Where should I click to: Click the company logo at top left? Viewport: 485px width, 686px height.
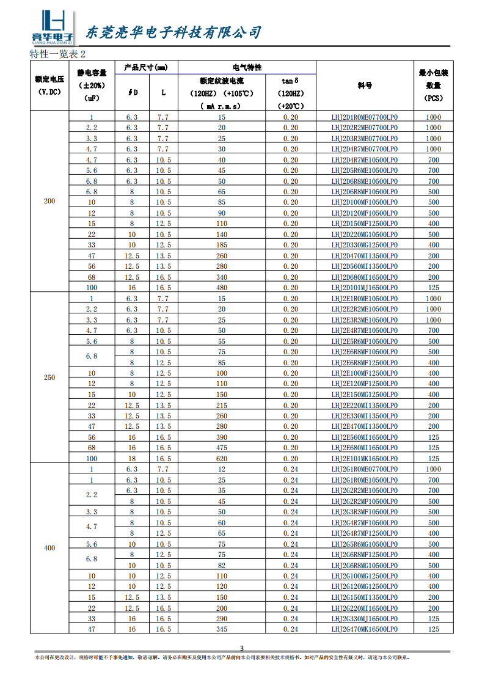pos(52,28)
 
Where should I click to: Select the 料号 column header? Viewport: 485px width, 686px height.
pos(365,86)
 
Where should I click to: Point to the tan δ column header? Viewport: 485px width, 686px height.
pos(290,81)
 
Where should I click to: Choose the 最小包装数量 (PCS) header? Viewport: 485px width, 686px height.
pos(433,86)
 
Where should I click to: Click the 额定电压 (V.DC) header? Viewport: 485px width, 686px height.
pos(49,86)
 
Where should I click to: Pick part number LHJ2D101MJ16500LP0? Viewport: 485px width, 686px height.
pos(365,288)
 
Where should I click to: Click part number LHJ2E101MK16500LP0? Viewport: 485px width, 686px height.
pos(365,459)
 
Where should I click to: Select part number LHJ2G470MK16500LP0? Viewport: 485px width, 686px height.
pos(365,629)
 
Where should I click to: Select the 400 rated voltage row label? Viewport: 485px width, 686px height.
pos(49,549)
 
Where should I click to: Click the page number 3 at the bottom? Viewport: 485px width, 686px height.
pos(242,648)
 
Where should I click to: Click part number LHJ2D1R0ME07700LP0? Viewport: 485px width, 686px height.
pos(365,117)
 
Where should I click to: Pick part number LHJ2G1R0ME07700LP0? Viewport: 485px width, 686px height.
pos(365,469)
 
